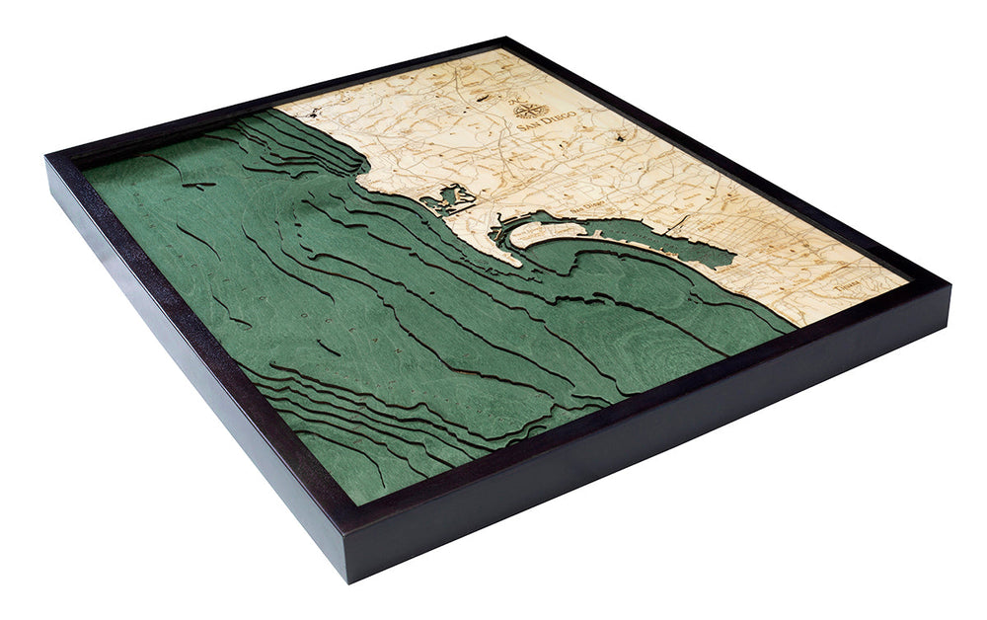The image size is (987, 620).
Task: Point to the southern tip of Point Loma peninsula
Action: (514, 264)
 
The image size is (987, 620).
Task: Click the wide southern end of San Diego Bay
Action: (706, 252)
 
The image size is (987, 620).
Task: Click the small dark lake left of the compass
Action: (482, 99)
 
